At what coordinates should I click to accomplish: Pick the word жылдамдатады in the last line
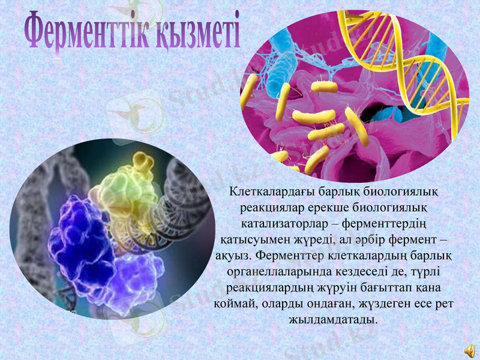point(334,318)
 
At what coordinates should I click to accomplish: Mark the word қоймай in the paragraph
point(235,302)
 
